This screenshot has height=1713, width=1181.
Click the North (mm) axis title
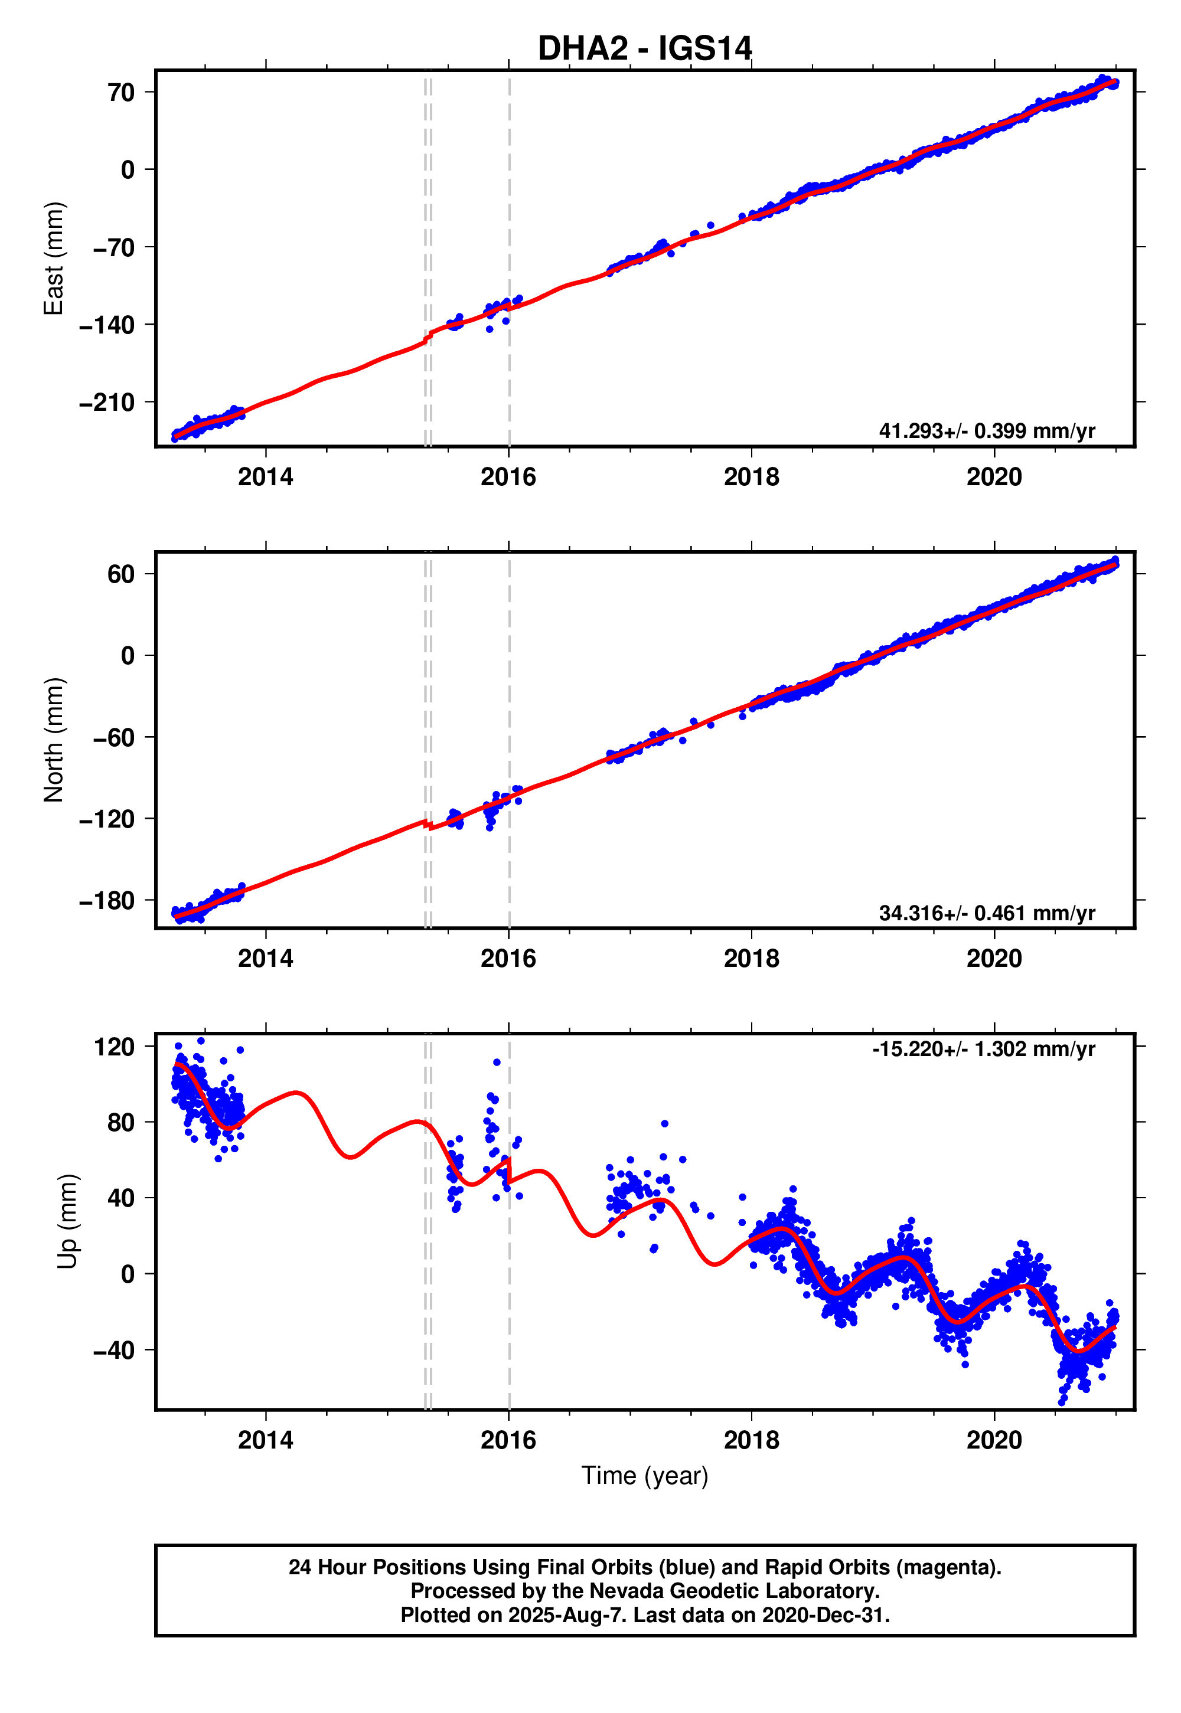point(53,740)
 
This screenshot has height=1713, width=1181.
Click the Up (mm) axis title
point(67,1221)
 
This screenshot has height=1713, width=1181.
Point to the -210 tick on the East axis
point(107,403)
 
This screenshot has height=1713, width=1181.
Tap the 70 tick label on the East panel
point(120,93)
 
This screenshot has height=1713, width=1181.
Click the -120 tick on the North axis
point(107,819)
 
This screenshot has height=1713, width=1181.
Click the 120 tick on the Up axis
point(114,1047)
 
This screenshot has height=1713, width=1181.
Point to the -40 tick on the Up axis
point(114,1350)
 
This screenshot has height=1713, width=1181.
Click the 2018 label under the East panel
point(751,477)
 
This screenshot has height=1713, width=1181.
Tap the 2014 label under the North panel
point(265,959)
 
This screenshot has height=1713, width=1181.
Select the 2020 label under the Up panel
point(994,1440)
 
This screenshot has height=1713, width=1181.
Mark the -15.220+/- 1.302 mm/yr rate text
point(983,1049)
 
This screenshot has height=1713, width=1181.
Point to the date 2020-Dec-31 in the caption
point(824,1614)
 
